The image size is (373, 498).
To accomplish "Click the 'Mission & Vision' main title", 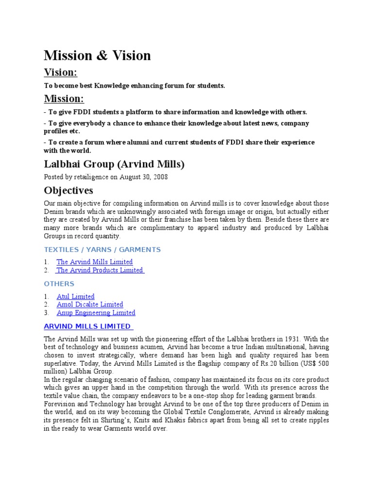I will click(97, 55).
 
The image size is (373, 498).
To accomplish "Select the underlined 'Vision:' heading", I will click(61, 72).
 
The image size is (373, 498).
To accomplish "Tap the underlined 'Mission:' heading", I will click(64, 99).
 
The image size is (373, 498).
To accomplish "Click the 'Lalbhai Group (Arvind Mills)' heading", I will click(114, 164).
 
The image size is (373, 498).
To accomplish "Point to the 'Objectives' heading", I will click(68, 190).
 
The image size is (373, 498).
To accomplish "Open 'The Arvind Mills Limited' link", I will click(94, 262).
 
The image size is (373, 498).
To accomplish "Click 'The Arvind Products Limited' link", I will click(100, 270).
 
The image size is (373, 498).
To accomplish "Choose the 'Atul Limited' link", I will click(75, 296).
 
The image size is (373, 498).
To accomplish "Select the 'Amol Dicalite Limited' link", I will click(90, 304).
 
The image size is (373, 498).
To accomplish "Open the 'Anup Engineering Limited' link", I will click(96, 313).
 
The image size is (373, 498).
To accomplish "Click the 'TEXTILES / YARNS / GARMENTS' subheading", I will click(102, 249).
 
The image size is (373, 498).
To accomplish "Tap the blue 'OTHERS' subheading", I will click(59, 284).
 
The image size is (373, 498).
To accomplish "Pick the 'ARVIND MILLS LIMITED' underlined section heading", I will click(88, 326).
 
